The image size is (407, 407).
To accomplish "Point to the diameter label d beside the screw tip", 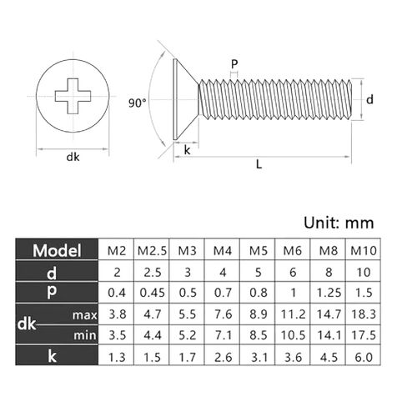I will pyautogui.click(x=369, y=99).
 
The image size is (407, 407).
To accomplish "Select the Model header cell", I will pyautogui.click(x=57, y=250).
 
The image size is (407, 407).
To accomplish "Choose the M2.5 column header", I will pyautogui.click(x=151, y=250).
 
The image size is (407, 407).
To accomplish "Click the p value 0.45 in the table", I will pyautogui.click(x=151, y=293).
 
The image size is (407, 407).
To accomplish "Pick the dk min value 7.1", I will pyautogui.click(x=223, y=335).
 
